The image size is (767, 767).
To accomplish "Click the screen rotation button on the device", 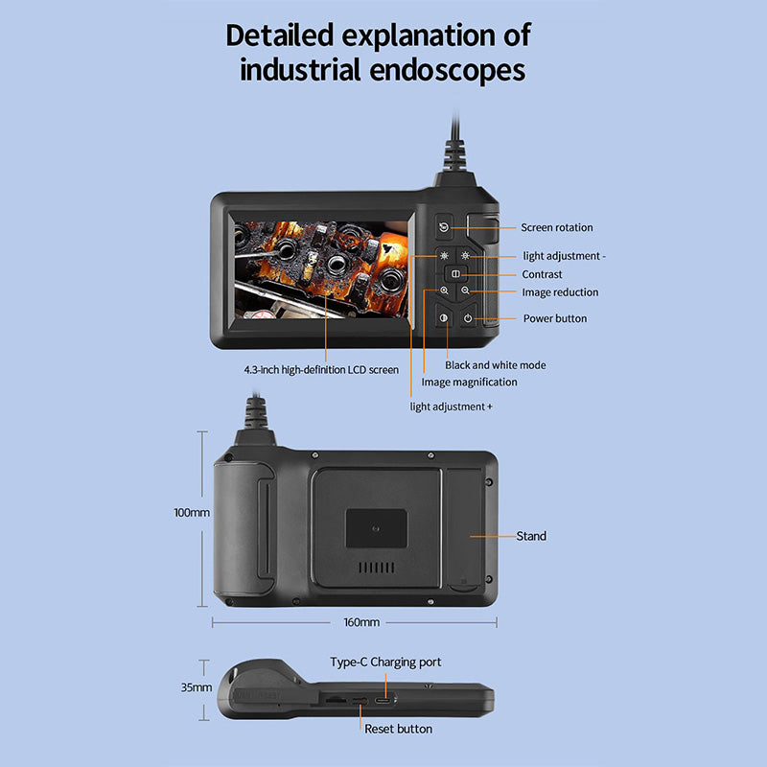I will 444,228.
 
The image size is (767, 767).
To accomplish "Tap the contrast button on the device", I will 455,274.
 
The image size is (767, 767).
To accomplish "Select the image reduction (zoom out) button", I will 466,291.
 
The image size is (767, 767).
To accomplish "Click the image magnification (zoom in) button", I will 445,291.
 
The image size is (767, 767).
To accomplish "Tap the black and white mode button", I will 445,318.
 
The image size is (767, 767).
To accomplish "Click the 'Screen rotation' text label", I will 557,228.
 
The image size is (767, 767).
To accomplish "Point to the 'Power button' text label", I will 555,318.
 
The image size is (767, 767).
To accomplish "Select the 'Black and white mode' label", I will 496,365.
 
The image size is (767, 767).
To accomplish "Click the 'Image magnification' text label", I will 470,382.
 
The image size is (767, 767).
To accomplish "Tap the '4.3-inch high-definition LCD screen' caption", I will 321,369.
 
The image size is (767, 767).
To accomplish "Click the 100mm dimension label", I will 192,513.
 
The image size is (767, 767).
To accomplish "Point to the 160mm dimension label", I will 361,622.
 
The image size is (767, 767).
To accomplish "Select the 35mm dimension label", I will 196,687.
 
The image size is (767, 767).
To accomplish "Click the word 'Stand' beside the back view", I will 531,536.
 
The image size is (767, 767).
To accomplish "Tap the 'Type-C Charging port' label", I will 385,662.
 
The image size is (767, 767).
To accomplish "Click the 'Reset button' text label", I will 398,730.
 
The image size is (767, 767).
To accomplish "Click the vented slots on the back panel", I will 376,568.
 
